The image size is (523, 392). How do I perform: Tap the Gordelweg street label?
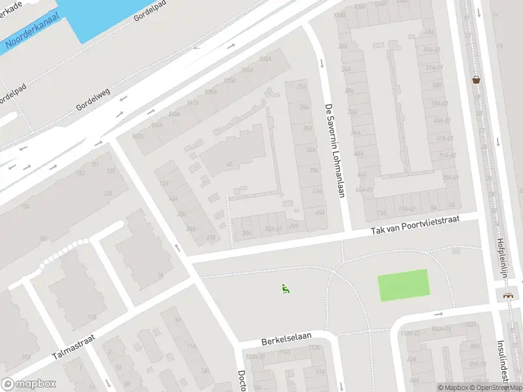coord(92,99)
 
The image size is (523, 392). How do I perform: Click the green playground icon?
coord(286,289)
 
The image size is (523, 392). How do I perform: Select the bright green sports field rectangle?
coord(403,285)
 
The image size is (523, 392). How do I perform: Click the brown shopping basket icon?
coord(477,80)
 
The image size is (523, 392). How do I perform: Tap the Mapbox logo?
coord(29,384)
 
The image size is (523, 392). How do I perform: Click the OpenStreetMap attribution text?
coord(496,387)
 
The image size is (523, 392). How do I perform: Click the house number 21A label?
coord(301,86)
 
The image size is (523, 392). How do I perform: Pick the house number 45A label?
coord(319,212)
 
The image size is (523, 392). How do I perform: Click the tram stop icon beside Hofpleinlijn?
coord(508,295)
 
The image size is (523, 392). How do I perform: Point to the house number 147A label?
coord(138,137)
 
